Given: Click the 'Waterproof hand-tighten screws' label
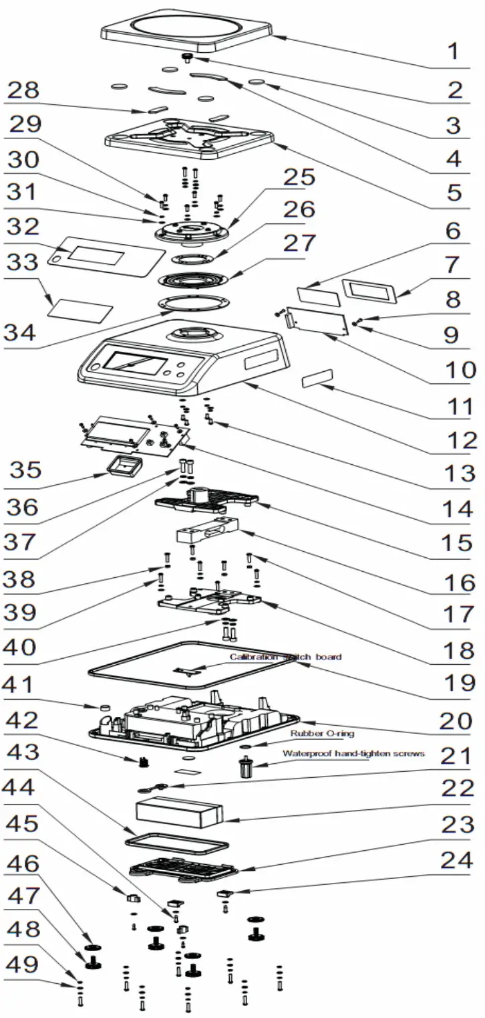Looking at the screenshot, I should point(353,753).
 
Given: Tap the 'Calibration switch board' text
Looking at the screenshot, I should point(285,657).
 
